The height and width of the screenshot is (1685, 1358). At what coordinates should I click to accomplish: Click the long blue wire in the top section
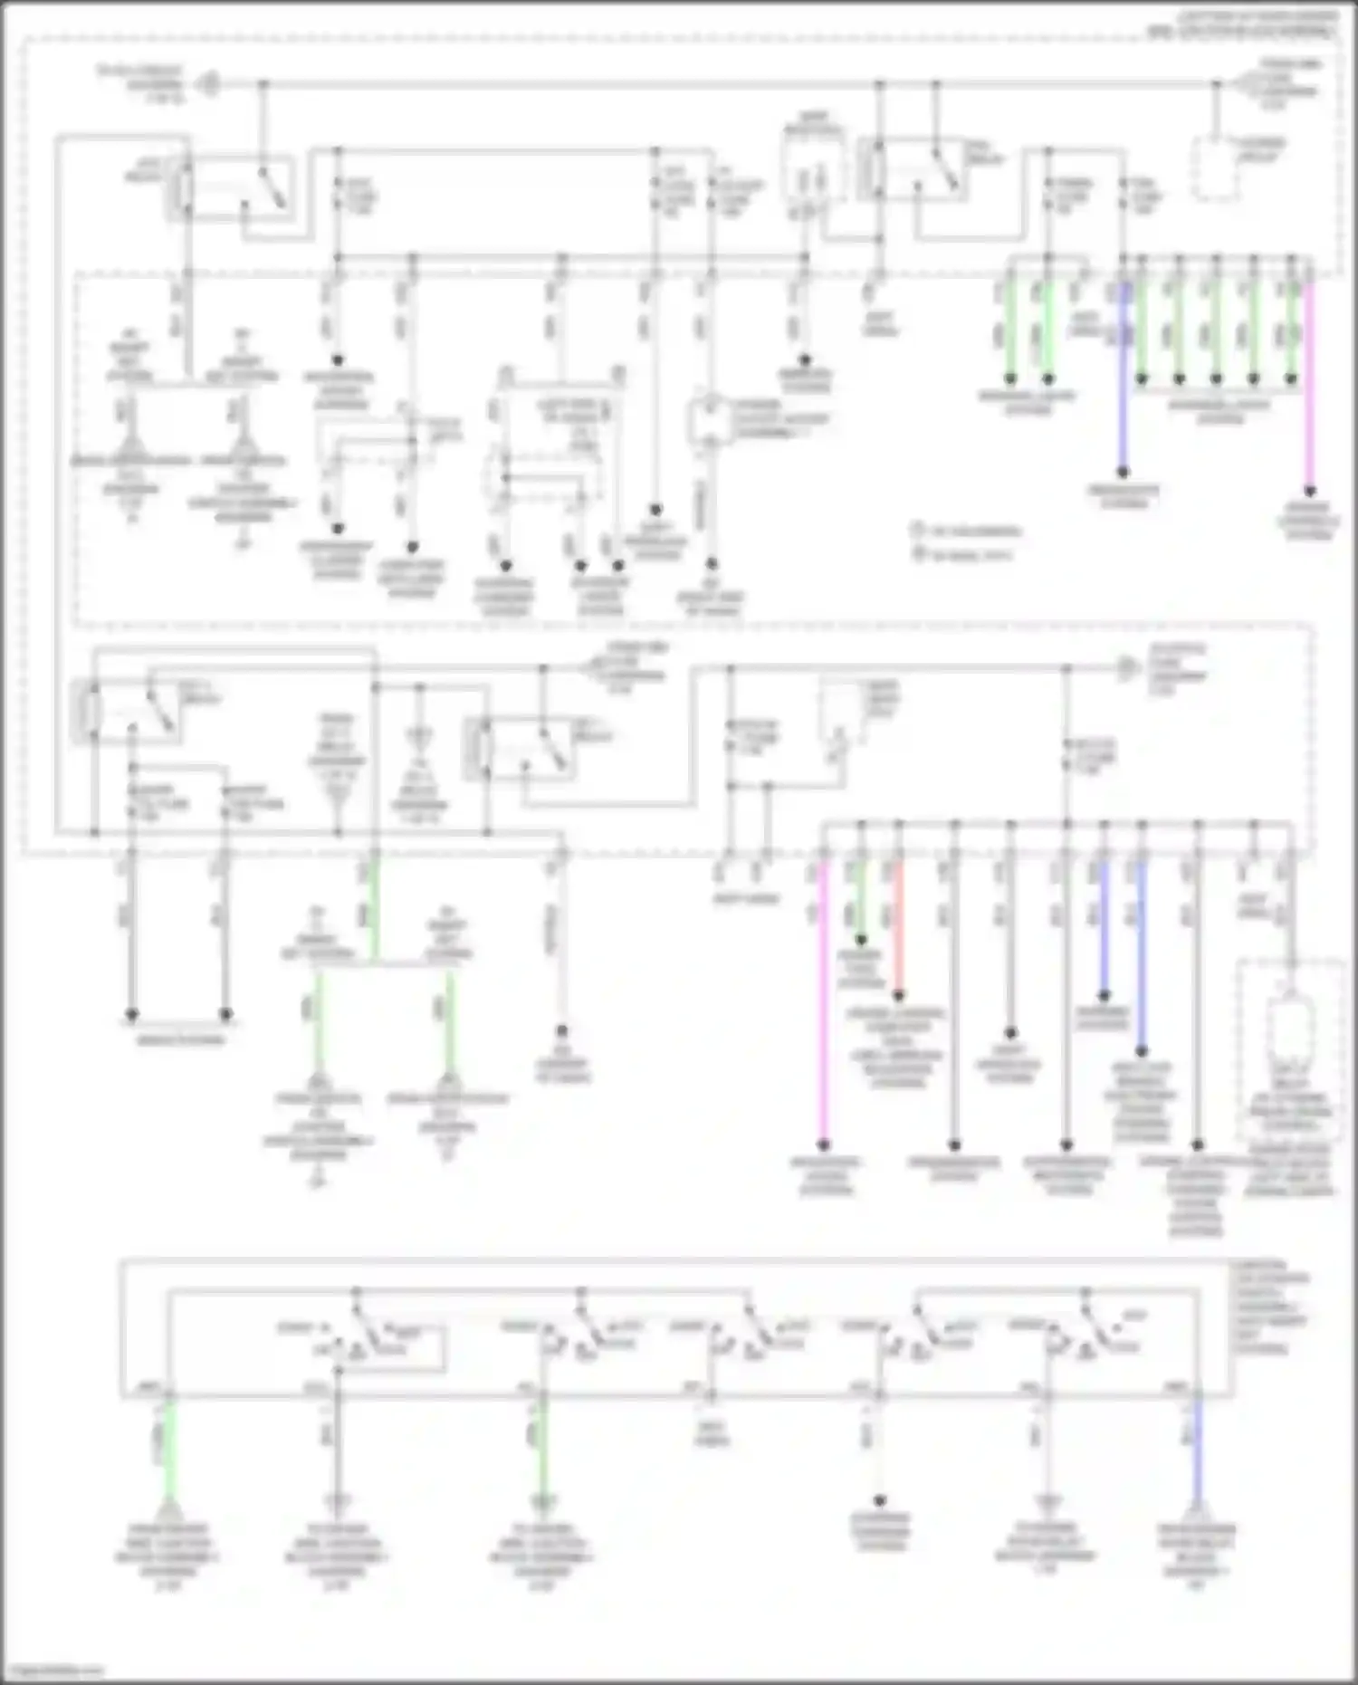click(1123, 380)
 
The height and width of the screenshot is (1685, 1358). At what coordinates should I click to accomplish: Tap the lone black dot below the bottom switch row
click(878, 1499)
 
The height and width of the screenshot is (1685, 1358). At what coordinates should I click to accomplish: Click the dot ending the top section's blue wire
click(1123, 472)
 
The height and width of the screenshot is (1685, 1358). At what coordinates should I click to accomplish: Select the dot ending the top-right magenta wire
click(1308, 491)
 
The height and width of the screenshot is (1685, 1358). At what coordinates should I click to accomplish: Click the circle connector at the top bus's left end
click(209, 84)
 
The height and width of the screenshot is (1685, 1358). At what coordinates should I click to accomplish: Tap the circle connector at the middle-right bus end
click(1126, 669)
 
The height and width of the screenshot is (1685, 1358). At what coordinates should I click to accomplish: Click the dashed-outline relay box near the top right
click(1215, 168)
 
